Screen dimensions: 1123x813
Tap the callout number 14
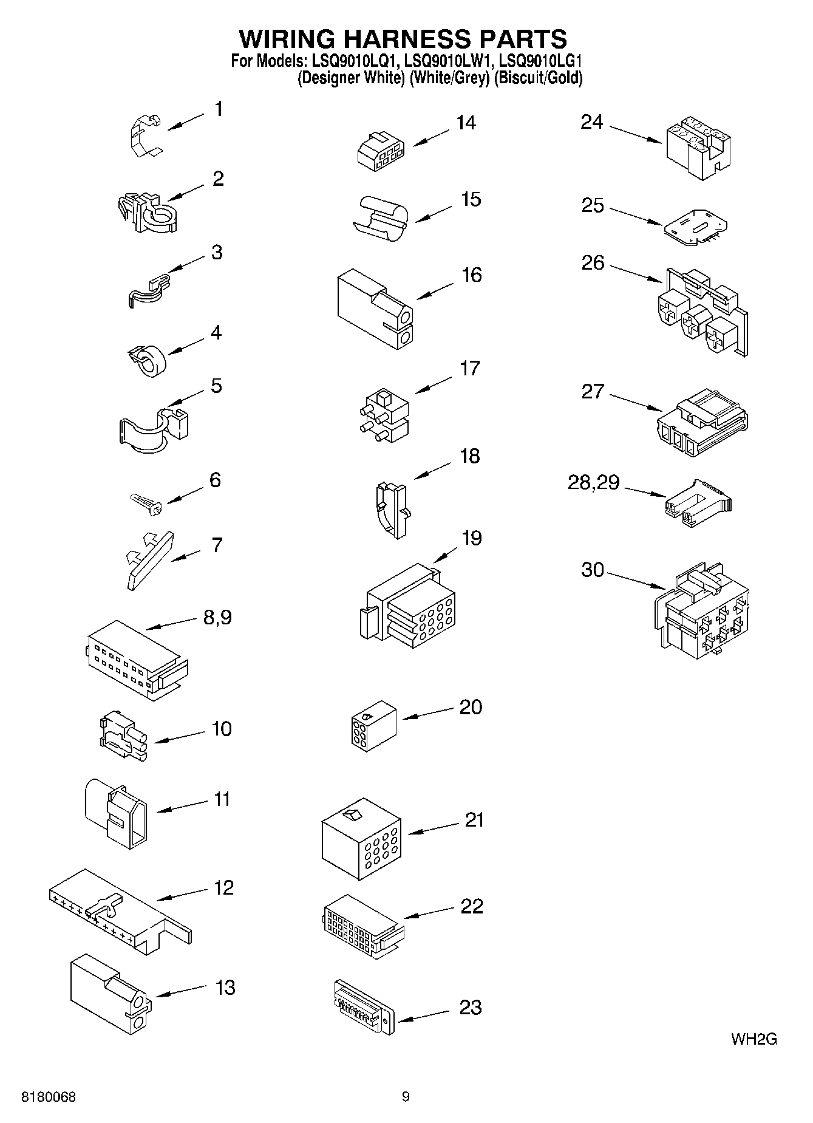tap(466, 123)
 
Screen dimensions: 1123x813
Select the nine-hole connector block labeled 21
tap(361, 838)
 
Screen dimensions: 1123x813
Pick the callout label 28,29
tap(593, 483)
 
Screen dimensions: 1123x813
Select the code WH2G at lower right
tap(753, 1039)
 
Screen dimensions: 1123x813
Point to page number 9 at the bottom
tap(406, 1097)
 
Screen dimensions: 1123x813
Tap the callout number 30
tap(593, 570)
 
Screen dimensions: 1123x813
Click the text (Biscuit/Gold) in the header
tap(538, 78)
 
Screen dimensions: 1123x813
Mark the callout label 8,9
tap(217, 618)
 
